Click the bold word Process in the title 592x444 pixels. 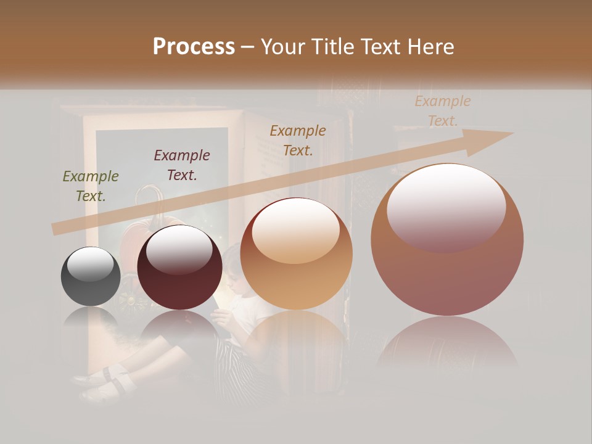(x=194, y=47)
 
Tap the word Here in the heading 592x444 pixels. (x=431, y=47)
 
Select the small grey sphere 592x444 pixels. (x=91, y=276)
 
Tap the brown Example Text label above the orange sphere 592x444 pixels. (x=298, y=141)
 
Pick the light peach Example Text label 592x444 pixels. (x=443, y=111)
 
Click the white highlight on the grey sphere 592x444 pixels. (x=90, y=265)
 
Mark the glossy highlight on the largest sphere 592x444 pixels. (x=446, y=207)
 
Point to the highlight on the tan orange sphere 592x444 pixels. (x=295, y=230)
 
